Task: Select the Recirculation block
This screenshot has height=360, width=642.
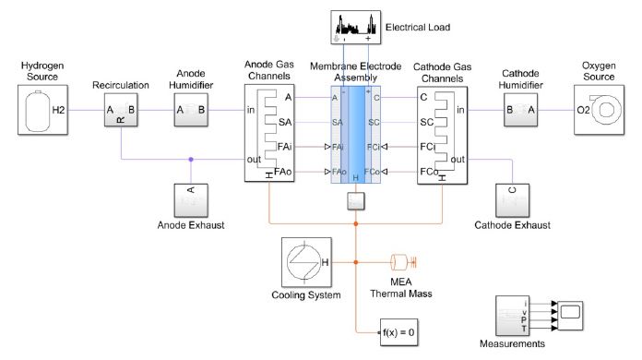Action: click(120, 112)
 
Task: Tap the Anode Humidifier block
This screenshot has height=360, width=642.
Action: click(193, 112)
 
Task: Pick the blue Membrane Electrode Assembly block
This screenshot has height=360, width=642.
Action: click(356, 135)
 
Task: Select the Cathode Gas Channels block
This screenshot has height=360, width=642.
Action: click(444, 135)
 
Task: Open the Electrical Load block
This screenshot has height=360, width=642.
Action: click(356, 27)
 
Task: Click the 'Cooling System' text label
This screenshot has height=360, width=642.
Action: click(306, 295)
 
